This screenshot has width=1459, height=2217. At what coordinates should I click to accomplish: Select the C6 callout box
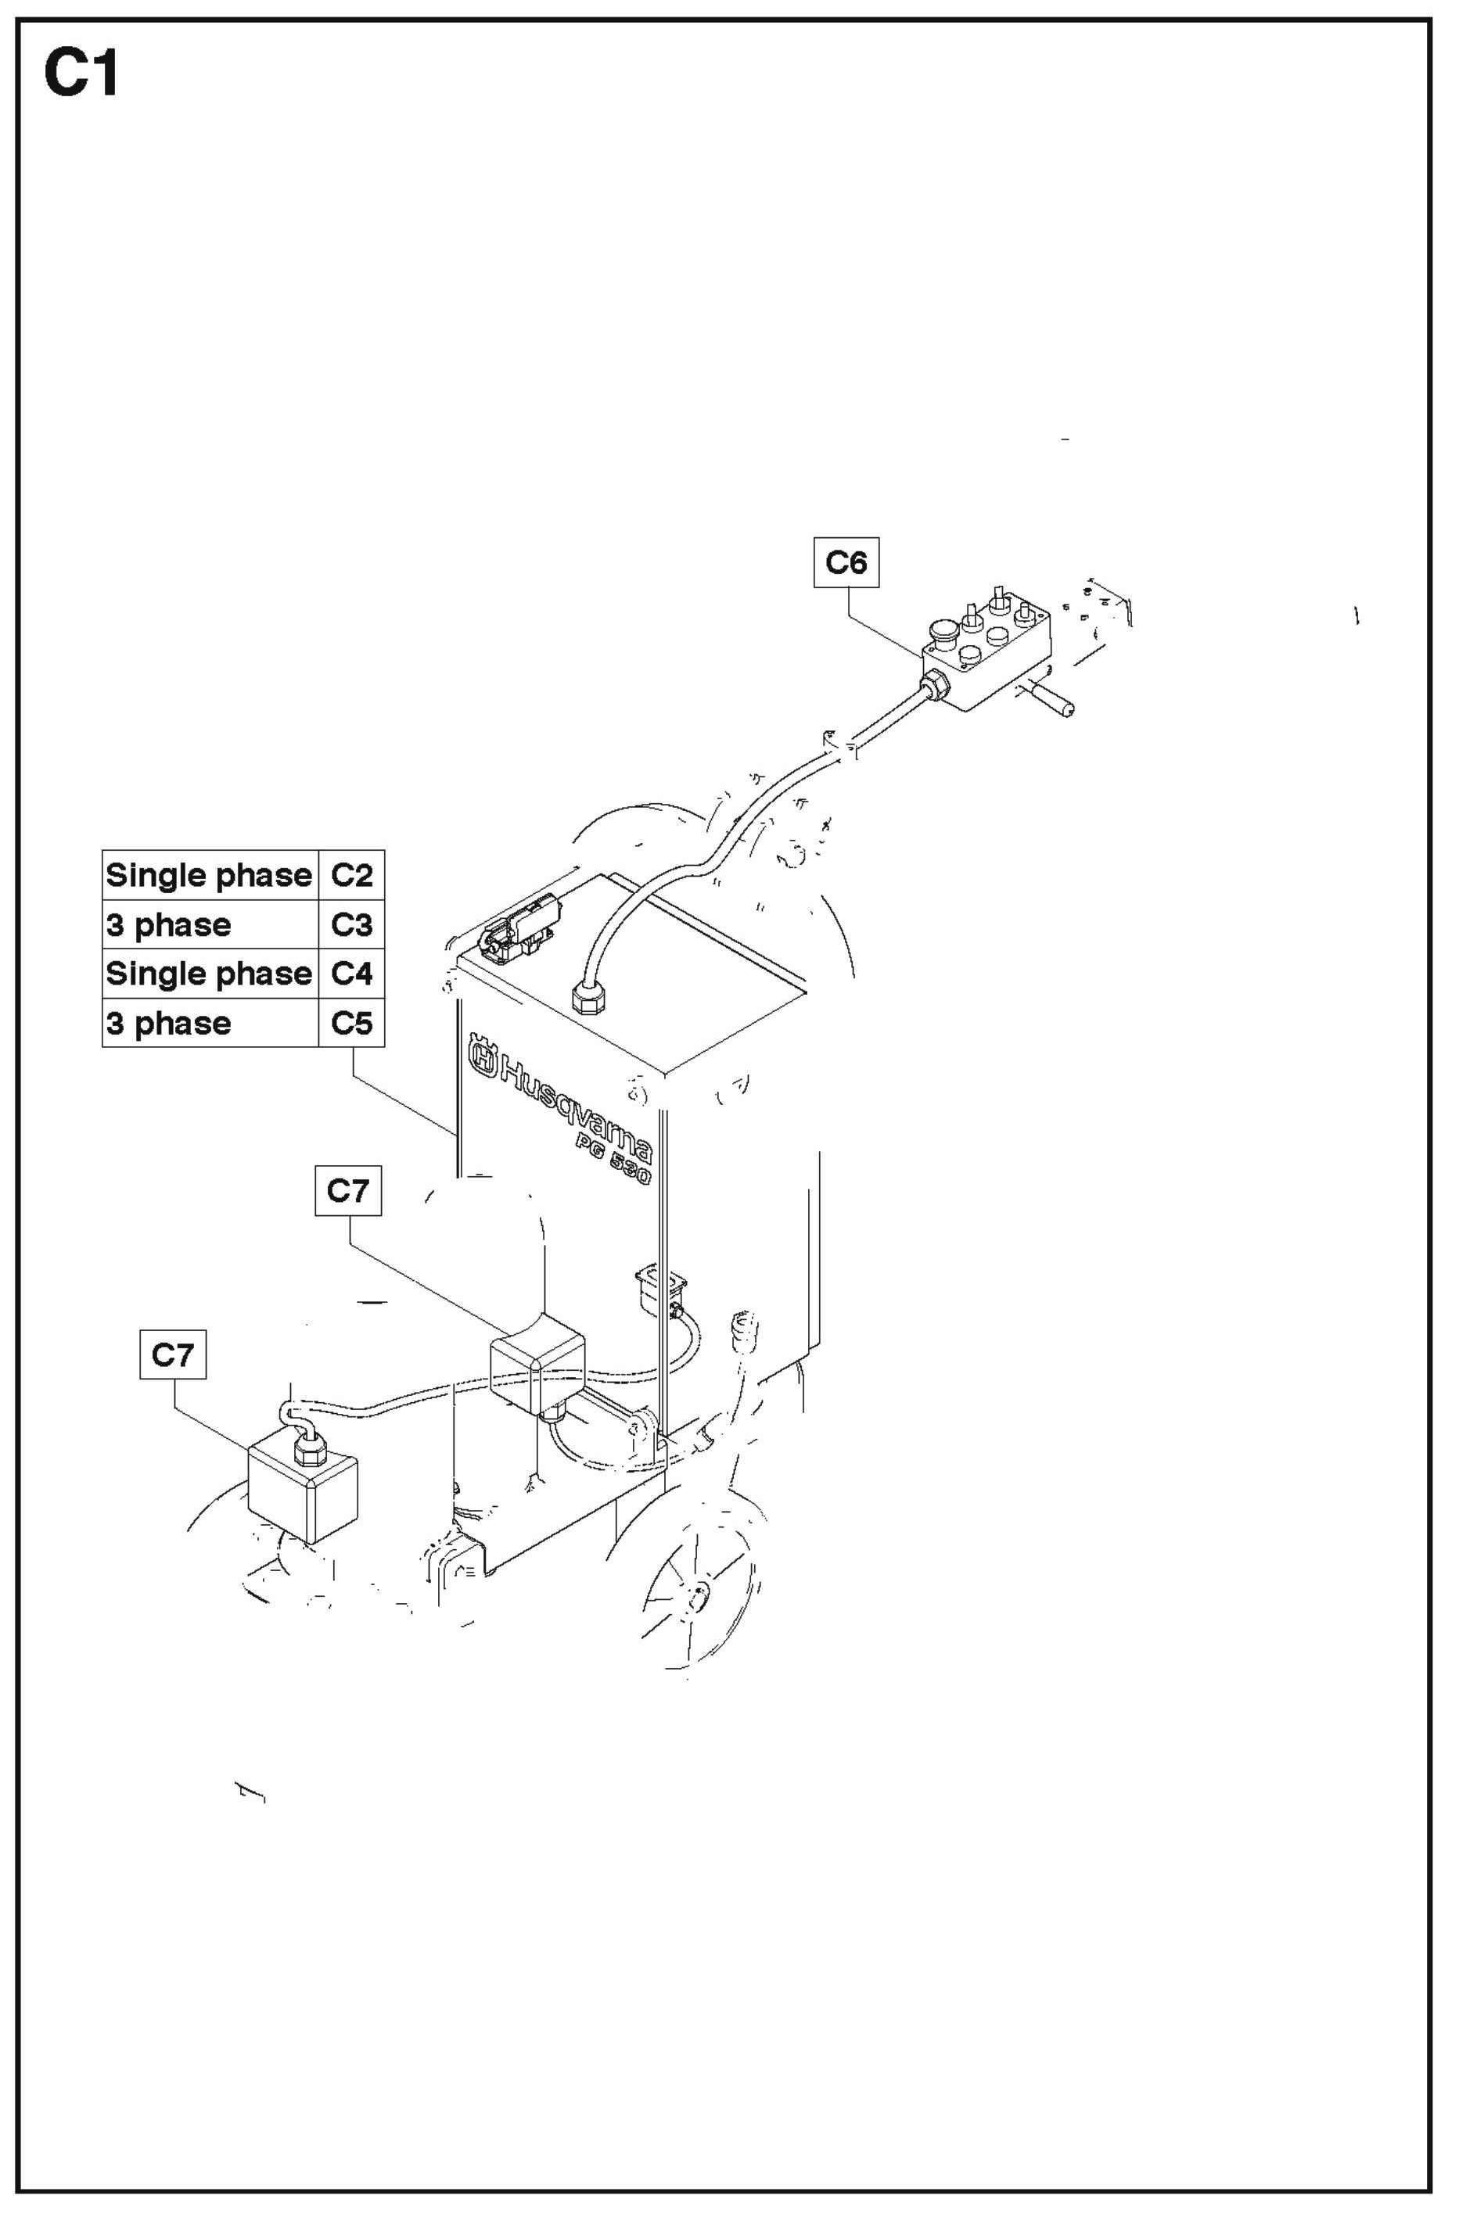845,561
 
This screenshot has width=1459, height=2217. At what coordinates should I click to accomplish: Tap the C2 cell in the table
351,875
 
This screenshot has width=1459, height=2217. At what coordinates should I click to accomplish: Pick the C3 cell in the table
351,924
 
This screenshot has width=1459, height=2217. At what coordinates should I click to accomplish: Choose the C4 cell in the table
351,974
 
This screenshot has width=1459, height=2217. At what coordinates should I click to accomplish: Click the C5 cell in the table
351,1023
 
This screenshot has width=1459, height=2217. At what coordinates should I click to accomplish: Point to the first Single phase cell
210,875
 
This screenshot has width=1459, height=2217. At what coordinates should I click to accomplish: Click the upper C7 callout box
347,1189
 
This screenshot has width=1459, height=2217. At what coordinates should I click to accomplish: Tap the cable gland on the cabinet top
588,999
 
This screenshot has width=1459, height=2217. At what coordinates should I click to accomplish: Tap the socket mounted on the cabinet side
659,1290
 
